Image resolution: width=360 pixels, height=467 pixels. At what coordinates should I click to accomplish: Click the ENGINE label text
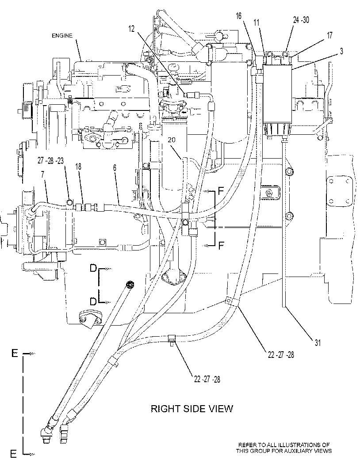click(62, 36)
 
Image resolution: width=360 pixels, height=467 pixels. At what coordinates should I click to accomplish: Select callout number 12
click(132, 29)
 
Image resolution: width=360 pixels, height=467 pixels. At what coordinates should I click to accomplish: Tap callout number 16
click(239, 16)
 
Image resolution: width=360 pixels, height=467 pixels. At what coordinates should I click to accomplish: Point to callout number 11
click(257, 23)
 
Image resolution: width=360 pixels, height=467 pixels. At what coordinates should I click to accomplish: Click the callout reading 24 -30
click(301, 20)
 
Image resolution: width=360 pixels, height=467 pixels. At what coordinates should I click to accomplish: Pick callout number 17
click(329, 35)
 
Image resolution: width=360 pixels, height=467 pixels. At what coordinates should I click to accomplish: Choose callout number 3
click(341, 51)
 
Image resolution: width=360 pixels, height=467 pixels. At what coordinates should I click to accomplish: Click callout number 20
click(172, 140)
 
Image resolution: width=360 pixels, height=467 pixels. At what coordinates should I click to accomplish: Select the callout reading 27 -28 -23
click(51, 161)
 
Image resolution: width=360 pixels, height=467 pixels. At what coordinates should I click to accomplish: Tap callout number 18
click(78, 167)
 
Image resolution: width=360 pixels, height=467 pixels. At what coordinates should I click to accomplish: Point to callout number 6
click(115, 168)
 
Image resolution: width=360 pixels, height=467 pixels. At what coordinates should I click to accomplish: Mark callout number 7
click(42, 175)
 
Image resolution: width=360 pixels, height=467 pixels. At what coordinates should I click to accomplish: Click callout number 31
click(318, 343)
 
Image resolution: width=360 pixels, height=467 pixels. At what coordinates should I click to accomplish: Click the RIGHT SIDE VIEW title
click(191, 409)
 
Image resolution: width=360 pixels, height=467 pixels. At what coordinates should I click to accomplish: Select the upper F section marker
click(221, 190)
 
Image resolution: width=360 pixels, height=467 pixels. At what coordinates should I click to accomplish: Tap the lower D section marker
click(93, 302)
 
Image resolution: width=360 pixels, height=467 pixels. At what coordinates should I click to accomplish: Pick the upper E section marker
click(15, 353)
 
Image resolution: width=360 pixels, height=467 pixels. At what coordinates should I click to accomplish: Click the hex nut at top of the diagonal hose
click(129, 285)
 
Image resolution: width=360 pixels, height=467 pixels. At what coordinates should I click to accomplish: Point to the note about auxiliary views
click(283, 448)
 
